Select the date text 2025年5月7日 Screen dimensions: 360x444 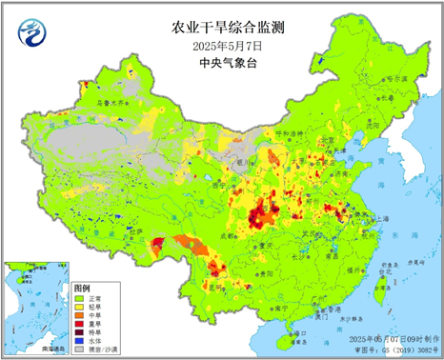pyautogui.click(x=221, y=45)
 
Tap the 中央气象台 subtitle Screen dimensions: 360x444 pyautogui.click(x=221, y=63)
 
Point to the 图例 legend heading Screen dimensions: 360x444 pyautogui.click(x=81, y=287)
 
